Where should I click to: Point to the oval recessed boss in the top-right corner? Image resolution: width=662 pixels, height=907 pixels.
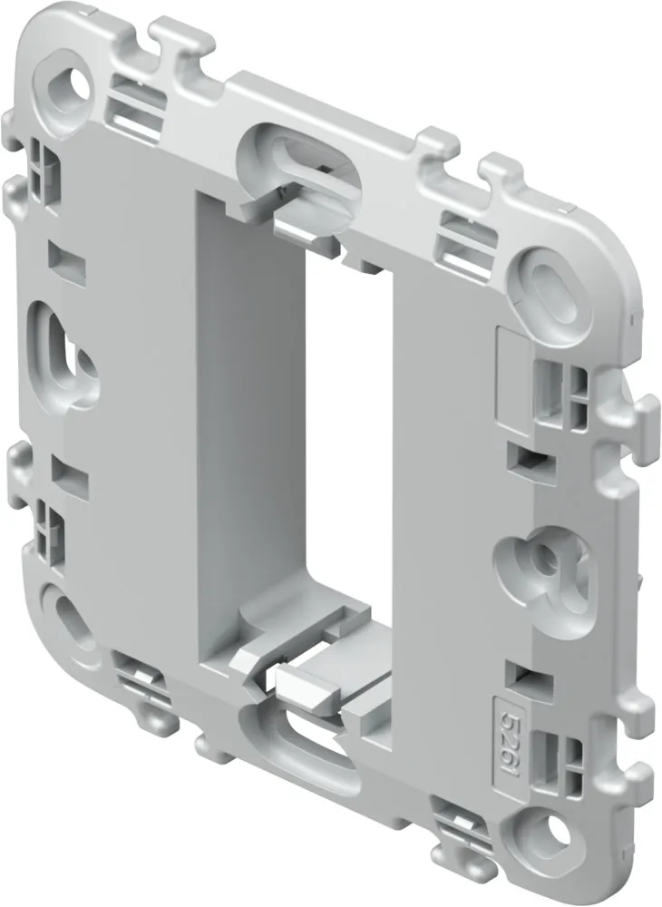(552, 289)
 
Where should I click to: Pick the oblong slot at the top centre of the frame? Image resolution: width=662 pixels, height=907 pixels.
(301, 152)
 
